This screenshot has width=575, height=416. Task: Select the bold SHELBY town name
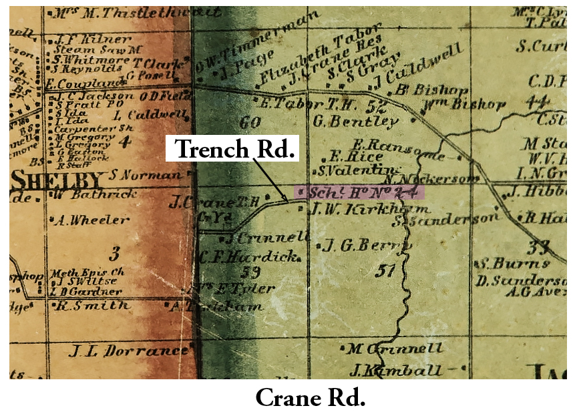(x=59, y=180)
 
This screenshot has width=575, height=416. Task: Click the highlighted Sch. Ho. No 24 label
(x=361, y=192)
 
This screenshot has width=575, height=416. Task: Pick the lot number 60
(x=249, y=122)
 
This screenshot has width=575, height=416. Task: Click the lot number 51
(x=387, y=270)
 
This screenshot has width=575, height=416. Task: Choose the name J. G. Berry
(x=363, y=246)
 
